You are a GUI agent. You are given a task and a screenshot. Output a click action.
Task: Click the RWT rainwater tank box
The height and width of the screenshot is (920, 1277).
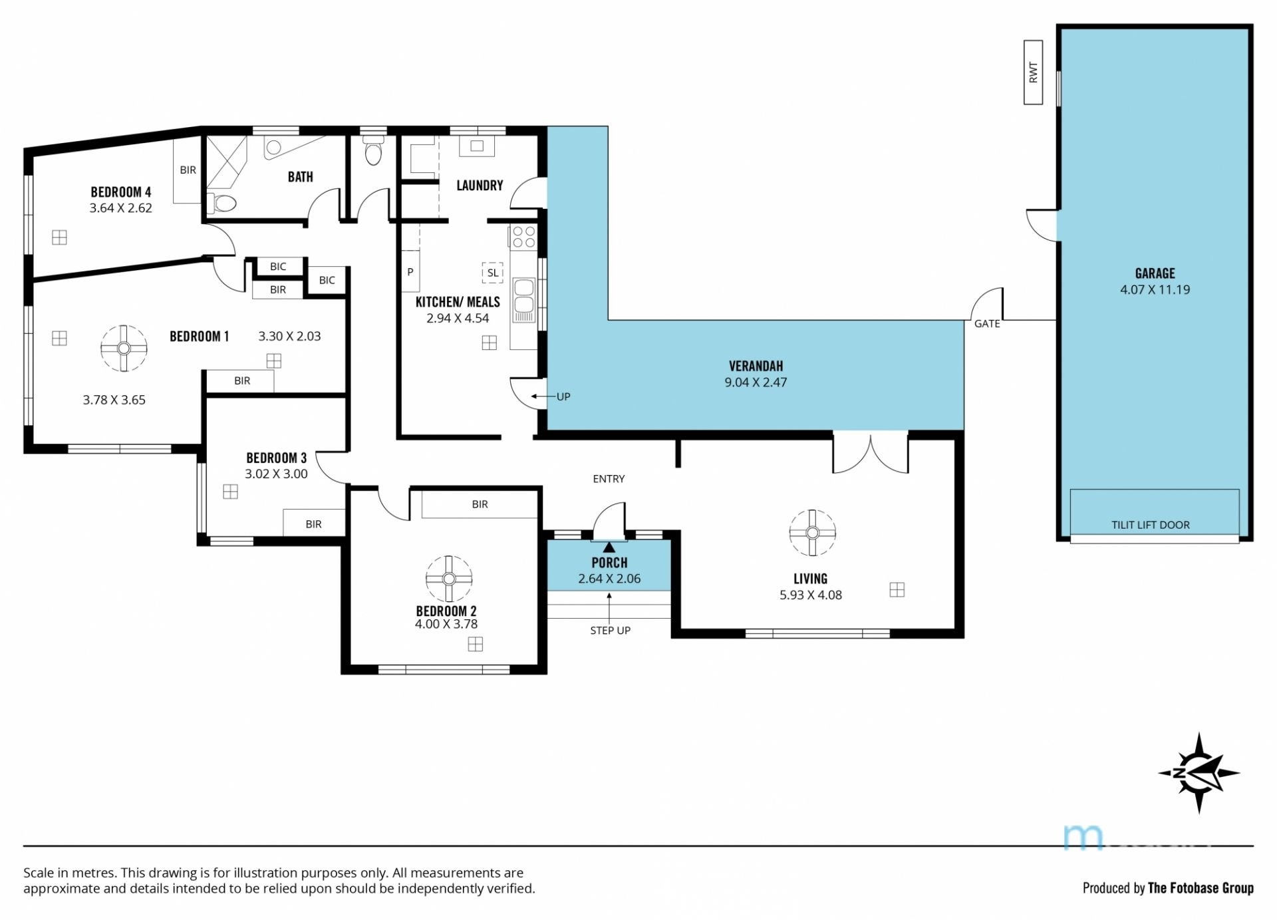[1033, 73]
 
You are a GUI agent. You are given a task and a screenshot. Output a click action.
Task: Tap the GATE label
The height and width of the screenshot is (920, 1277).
[987, 324]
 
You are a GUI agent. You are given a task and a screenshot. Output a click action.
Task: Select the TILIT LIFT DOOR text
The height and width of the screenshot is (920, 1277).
[1151, 525]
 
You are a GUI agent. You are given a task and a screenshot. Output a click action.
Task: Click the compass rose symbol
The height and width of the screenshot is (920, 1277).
[1199, 773]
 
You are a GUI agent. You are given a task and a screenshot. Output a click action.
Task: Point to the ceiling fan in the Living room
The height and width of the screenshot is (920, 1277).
[812, 533]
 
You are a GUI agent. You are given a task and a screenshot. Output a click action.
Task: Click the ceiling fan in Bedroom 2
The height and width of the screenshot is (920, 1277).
[449, 579]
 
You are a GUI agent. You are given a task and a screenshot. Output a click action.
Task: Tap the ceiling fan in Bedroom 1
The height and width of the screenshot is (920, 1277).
[124, 348]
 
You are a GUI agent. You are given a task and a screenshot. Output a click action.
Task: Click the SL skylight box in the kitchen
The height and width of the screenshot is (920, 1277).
[493, 273]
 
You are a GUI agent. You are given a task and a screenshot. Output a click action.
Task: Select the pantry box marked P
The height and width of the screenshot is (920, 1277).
[410, 271]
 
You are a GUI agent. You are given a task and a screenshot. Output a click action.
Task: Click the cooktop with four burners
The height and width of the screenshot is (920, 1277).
[523, 237]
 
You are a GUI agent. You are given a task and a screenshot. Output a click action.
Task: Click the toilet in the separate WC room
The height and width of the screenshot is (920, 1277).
[374, 151]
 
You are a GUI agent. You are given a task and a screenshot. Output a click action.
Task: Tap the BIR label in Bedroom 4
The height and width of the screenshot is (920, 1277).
[188, 170]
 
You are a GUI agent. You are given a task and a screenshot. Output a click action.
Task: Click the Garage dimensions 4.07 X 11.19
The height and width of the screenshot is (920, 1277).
[1155, 289]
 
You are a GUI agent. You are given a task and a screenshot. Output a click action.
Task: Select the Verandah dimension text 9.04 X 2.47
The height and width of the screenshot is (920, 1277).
[756, 383]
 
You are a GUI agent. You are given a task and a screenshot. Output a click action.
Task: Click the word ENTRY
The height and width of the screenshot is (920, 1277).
[609, 479]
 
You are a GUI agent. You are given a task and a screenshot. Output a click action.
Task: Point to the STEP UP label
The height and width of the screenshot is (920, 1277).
[610, 631]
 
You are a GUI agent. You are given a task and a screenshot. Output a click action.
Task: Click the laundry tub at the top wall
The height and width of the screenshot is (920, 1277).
[477, 146]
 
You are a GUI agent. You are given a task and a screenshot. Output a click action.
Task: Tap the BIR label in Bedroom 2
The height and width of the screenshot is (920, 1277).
[480, 504]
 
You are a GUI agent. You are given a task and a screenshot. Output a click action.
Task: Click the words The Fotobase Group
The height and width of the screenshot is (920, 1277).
[1201, 888]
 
